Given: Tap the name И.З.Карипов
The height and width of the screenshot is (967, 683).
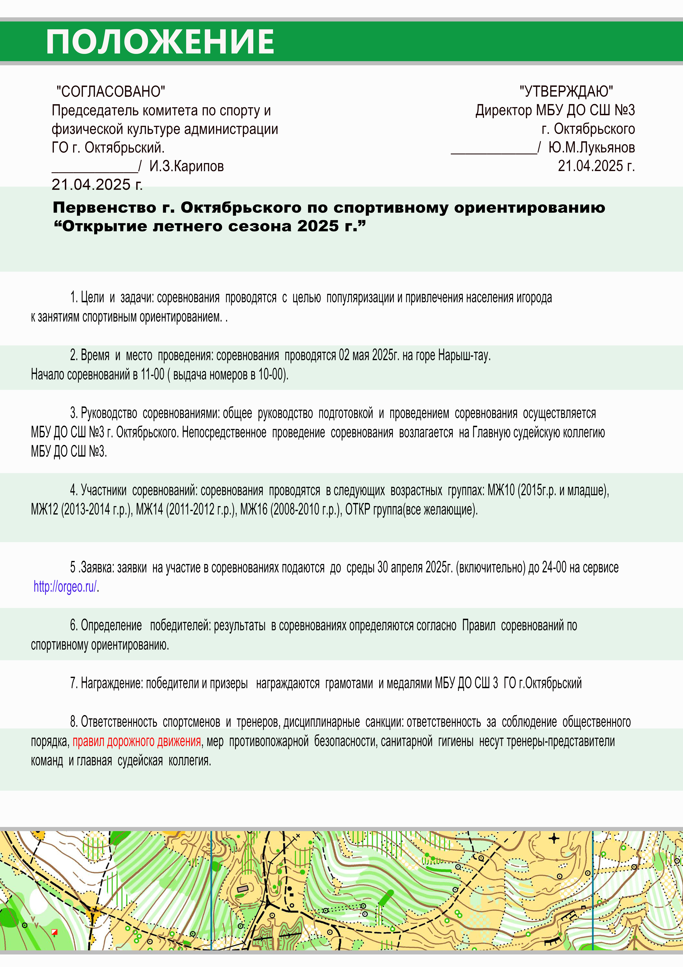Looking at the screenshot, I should pos(186,166).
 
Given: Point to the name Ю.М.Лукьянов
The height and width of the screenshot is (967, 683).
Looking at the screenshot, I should pos(591,147).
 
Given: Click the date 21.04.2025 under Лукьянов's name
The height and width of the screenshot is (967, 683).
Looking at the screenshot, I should pos(596,166).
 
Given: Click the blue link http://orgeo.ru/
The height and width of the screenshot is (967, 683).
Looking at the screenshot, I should pos(65,587).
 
